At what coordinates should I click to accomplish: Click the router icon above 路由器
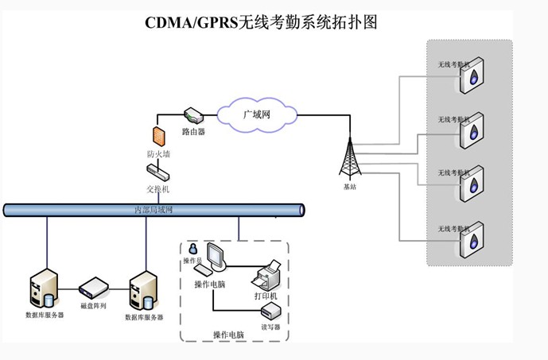click(193, 116)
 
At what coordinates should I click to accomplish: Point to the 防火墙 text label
click(158, 153)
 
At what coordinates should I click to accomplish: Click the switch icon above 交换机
click(157, 172)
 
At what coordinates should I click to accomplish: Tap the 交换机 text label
click(157, 190)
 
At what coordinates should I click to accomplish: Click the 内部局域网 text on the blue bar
click(153, 210)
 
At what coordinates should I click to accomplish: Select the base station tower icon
click(350, 158)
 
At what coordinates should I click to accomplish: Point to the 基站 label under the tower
click(350, 187)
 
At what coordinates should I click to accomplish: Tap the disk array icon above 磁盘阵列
click(93, 287)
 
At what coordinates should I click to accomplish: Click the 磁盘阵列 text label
click(93, 305)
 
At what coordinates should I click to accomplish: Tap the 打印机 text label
click(266, 296)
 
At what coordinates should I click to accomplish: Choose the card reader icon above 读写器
click(270, 310)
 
